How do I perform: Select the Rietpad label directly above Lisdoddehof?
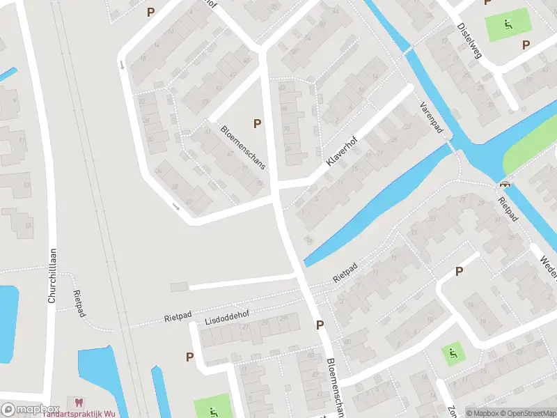click(x=178, y=317)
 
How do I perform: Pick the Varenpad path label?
click(x=431, y=119)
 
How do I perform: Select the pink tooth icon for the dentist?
click(x=77, y=402)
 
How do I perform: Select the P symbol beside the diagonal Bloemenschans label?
click(x=258, y=123)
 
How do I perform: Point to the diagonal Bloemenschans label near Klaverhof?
click(x=244, y=148)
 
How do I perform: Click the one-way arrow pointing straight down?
click(x=123, y=65)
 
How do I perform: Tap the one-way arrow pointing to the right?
click(x=176, y=206)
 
